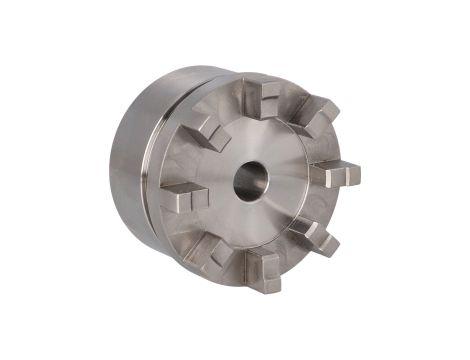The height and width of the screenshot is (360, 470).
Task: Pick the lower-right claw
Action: pos(314,237)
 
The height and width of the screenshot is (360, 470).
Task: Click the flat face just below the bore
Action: pos(249,225)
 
